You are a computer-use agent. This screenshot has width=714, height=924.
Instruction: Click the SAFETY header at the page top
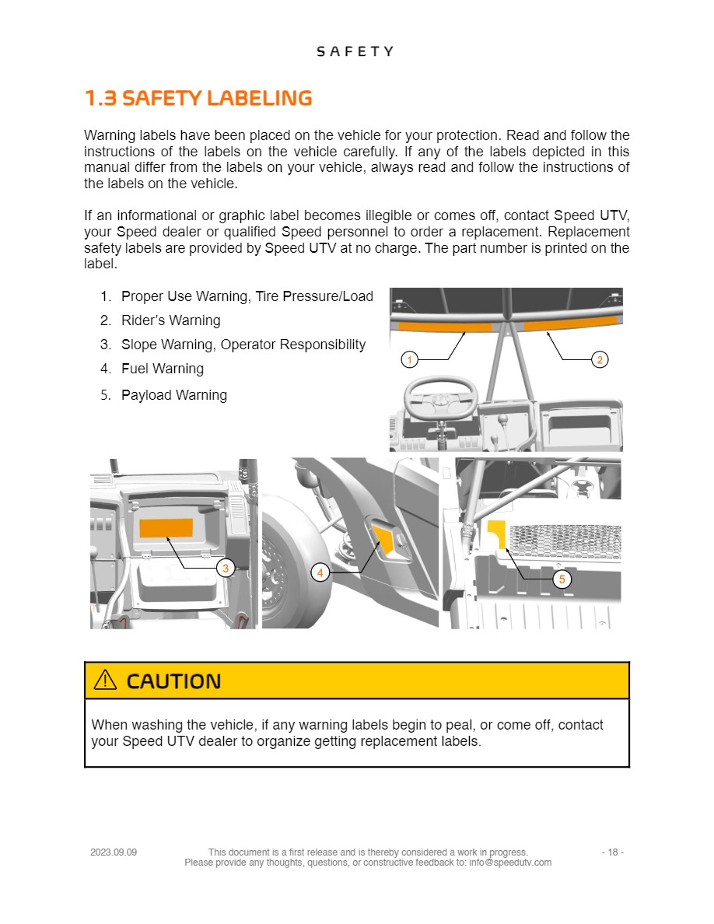(355, 51)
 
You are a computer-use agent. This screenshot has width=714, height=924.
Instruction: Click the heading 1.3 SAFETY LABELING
(198, 99)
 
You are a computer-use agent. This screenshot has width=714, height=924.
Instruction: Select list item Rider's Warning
(170, 320)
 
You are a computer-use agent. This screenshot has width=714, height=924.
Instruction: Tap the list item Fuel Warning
(162, 369)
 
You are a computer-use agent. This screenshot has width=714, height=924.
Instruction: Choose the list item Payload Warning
(173, 395)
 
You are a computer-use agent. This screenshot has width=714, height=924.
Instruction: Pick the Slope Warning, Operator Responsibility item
(243, 345)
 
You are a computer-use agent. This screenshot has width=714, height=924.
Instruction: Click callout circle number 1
(409, 359)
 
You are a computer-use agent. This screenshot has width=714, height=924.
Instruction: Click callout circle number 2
(600, 359)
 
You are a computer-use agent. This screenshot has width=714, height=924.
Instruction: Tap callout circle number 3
(225, 569)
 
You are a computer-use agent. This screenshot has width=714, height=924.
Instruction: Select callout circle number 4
(320, 573)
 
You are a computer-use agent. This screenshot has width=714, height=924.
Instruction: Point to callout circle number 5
(562, 579)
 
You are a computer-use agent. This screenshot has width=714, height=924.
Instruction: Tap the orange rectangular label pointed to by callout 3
(166, 528)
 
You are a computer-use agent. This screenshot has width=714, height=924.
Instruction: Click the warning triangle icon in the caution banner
(104, 681)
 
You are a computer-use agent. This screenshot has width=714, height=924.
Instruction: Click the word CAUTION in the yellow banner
(173, 681)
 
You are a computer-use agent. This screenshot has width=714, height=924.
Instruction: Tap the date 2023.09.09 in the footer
(114, 852)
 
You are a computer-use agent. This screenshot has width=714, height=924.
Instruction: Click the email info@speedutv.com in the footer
(510, 863)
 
